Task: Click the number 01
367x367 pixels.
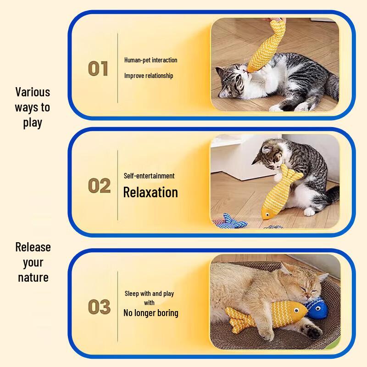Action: [x=98, y=68]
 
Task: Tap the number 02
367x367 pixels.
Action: [x=99, y=186]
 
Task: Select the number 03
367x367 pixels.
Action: [x=99, y=307]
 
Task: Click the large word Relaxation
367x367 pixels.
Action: [x=150, y=192]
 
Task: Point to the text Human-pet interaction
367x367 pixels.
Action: [x=150, y=60]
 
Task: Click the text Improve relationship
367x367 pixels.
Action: [x=149, y=76]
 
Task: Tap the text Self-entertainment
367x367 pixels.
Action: [x=149, y=176]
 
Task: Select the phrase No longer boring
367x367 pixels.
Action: [x=150, y=314]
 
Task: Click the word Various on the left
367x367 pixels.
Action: [x=33, y=92]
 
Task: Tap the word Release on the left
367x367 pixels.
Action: [x=33, y=247]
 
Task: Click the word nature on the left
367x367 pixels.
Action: [x=33, y=278]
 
